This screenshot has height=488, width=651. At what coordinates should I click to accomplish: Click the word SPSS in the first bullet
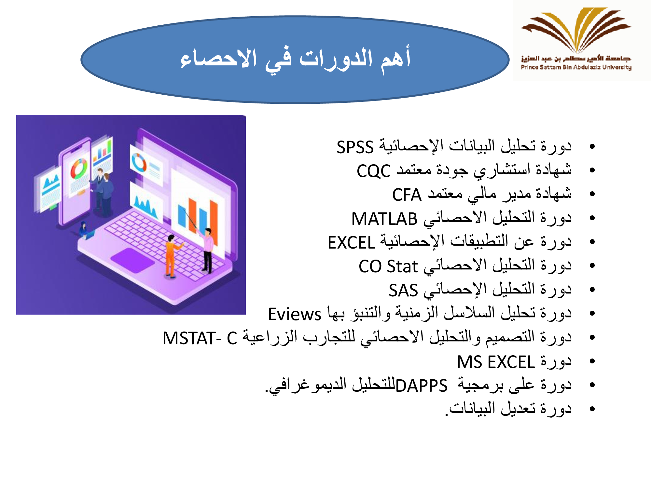click(x=355, y=147)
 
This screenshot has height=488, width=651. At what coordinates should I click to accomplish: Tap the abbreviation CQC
click(x=374, y=171)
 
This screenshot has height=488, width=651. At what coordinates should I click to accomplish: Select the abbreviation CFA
click(x=407, y=195)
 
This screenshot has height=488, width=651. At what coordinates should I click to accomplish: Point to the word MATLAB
click(x=384, y=219)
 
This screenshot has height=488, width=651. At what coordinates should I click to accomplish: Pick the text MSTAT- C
click(x=200, y=338)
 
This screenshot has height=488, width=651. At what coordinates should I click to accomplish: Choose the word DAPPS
click(x=422, y=386)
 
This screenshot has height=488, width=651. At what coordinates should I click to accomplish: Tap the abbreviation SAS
click(x=403, y=290)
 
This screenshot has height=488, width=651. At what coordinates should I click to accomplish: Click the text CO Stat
click(x=388, y=266)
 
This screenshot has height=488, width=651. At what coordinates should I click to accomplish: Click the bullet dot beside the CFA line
click(x=592, y=194)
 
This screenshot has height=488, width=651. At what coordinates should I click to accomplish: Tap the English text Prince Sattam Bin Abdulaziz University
click(x=576, y=67)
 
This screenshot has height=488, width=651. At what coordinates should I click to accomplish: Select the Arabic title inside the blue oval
click(x=295, y=59)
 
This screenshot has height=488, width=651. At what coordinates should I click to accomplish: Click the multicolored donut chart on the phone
click(x=79, y=169)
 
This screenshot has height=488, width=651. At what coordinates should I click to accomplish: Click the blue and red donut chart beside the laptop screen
click(x=139, y=162)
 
